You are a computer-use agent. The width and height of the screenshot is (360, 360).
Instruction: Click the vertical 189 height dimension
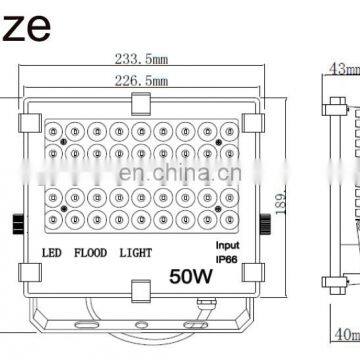pyautogui.click(x=283, y=205)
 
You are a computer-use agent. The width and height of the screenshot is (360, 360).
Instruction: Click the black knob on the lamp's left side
pyautogui.click(x=17, y=193)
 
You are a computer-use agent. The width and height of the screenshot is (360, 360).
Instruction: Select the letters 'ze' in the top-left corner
pyautogui.click(x=21, y=16)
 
